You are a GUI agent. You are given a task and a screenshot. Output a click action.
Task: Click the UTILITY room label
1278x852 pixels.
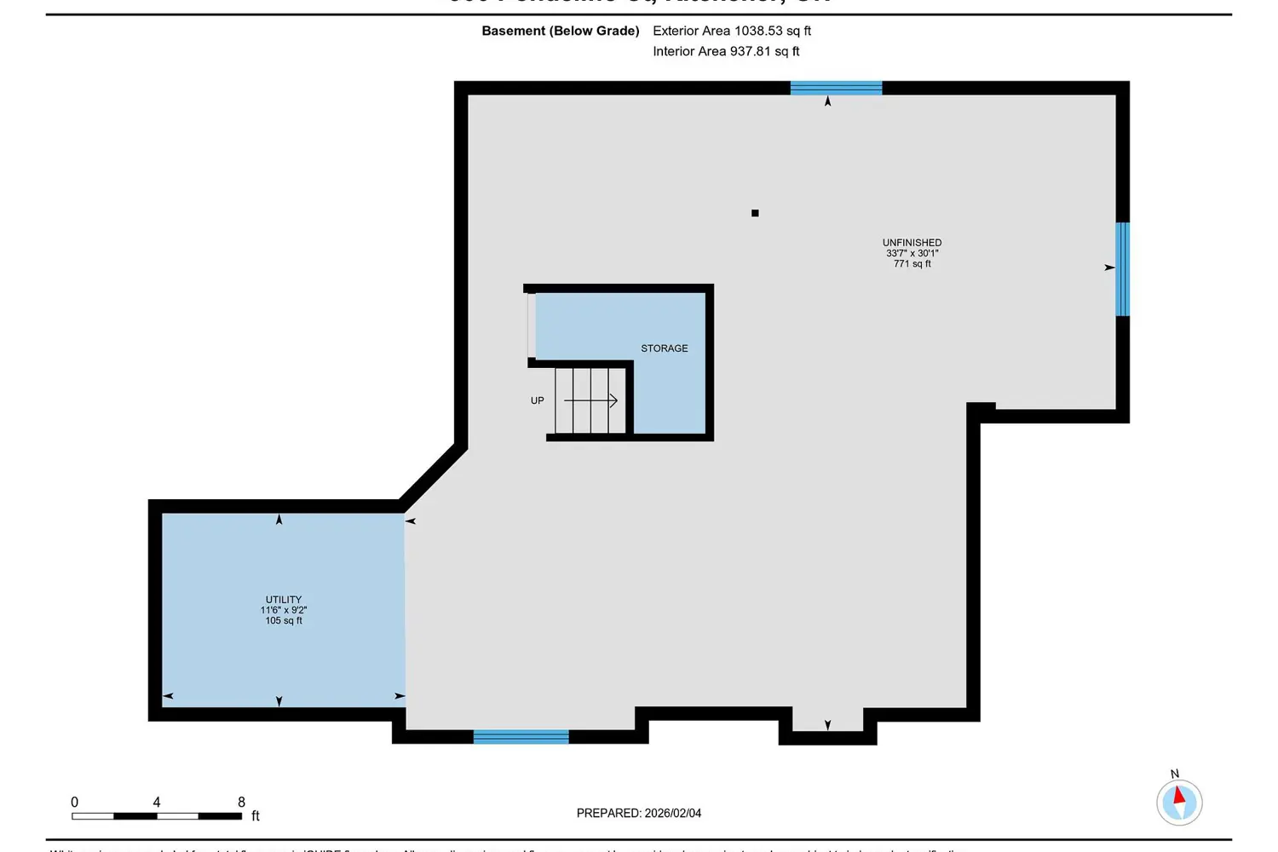[284, 600]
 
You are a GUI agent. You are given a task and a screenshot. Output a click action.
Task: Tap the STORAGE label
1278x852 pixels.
[664, 348]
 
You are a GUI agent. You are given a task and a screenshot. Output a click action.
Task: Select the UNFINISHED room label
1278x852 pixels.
[912, 243]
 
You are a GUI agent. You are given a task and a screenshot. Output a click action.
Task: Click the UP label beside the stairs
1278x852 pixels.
[537, 400]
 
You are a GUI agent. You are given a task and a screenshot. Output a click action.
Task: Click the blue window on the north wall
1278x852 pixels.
[836, 88]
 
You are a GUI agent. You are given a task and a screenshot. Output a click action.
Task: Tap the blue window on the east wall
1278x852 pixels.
[1123, 269]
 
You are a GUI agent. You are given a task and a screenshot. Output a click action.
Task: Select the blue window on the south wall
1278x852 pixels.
[521, 737]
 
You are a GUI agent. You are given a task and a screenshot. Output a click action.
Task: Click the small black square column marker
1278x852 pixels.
[755, 213]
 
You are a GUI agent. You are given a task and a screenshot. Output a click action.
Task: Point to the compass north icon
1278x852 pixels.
[1179, 801]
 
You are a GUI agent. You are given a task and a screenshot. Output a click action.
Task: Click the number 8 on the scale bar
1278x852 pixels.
[241, 802]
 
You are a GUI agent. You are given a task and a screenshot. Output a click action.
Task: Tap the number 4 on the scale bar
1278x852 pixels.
[157, 802]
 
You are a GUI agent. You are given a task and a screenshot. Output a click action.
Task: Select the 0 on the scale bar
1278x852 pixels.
[75, 802]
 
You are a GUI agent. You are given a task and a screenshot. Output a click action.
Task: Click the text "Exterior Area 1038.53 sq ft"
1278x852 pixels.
[732, 31]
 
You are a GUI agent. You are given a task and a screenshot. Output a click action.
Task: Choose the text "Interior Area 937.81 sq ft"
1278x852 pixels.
[726, 51]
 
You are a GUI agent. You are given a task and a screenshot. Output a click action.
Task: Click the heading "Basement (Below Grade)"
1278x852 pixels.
[561, 31]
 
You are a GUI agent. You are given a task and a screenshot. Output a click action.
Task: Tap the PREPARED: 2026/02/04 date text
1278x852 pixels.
[639, 813]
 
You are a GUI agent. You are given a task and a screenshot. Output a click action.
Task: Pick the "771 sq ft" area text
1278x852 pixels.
[912, 264]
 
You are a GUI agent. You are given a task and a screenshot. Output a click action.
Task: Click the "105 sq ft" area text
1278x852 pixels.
[284, 621]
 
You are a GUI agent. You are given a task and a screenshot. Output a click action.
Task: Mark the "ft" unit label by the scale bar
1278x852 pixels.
[256, 816]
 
